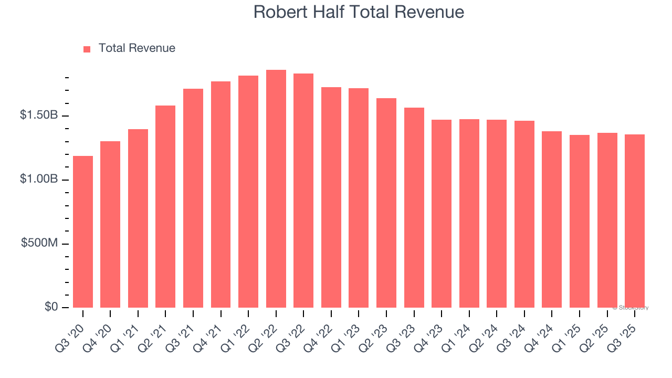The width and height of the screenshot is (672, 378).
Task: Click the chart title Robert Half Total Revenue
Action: coord(359,12)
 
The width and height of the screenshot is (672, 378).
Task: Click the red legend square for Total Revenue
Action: coord(87,49)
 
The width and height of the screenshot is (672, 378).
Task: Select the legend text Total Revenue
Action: coord(136,48)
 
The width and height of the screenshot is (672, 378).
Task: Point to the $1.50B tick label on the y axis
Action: coord(39,115)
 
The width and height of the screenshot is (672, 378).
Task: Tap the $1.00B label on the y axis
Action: coord(39,180)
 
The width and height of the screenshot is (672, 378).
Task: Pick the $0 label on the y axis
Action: coord(51,307)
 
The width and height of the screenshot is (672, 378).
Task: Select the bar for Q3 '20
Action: coord(83,232)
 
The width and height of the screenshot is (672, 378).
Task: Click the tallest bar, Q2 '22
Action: coord(276,189)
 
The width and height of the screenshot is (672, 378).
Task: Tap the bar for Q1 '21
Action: coord(138,218)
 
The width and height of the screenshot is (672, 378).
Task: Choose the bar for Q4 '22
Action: coord(331,197)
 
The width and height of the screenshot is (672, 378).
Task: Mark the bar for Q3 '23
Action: coord(414,208)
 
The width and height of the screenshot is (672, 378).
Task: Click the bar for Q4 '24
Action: coord(552,219)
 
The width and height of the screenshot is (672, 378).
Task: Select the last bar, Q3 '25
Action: coord(635,221)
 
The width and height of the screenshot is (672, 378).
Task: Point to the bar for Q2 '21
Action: coord(165,207)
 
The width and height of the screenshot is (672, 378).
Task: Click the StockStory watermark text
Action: coord(631,308)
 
